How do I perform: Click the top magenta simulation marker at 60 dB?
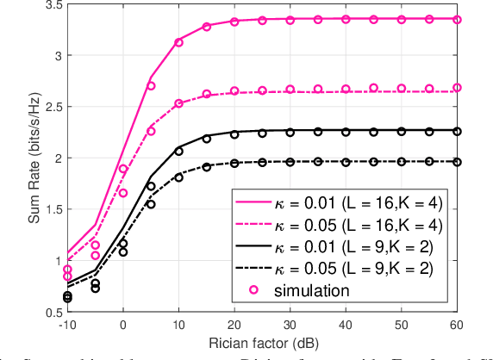coord(457,19)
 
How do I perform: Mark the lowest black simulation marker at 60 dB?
coord(457,162)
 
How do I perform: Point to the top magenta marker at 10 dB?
coord(178,42)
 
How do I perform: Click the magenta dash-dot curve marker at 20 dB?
coord(234,91)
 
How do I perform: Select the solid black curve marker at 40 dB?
coord(346,132)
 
